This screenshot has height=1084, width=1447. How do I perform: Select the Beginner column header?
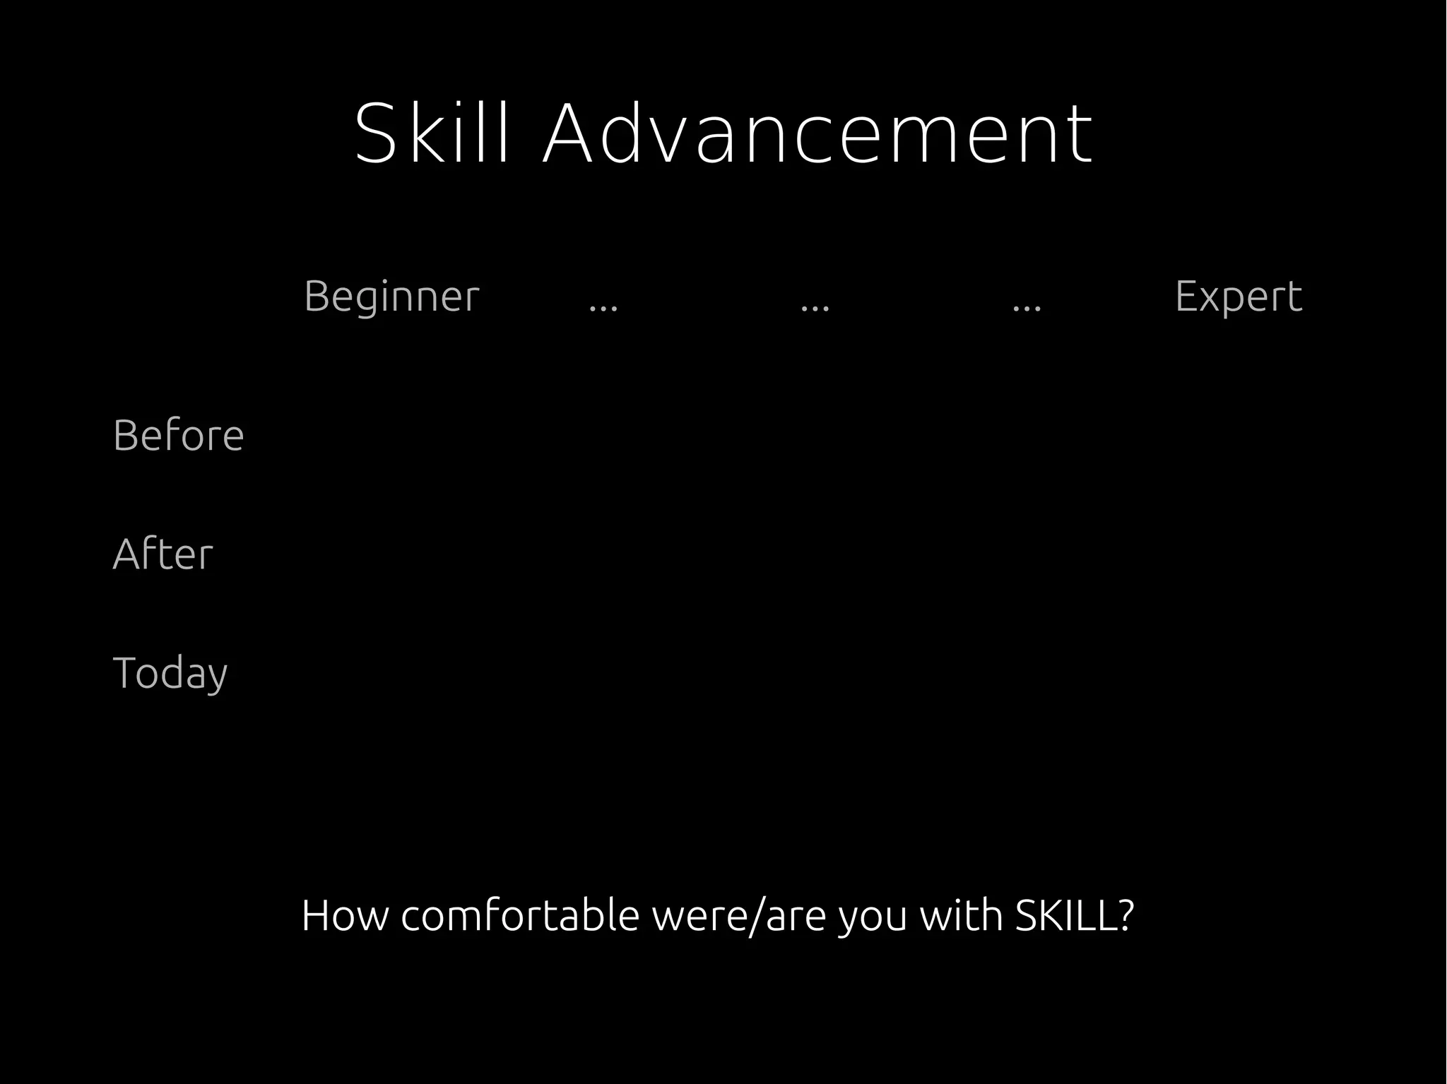(391, 296)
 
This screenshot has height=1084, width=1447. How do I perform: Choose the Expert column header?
(1239, 296)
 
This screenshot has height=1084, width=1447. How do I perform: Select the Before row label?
(178, 435)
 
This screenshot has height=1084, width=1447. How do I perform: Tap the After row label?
(163, 554)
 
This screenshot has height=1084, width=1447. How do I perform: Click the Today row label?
(170, 673)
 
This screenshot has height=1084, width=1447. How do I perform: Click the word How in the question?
(345, 915)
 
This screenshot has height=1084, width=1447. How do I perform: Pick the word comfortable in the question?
(520, 915)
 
